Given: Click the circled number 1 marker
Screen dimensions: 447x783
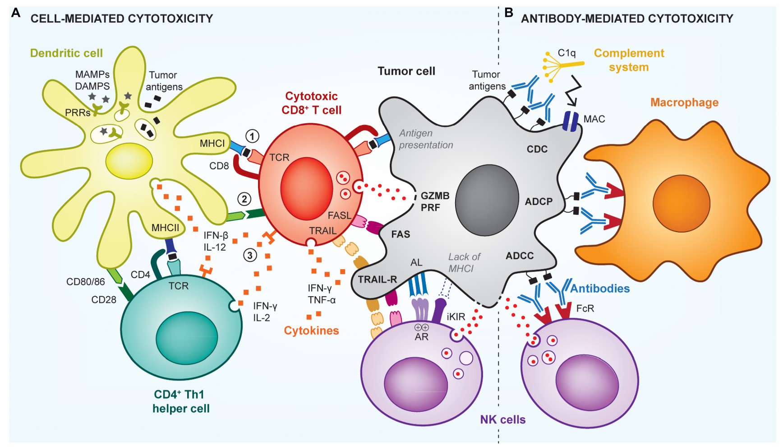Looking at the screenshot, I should click(253, 136).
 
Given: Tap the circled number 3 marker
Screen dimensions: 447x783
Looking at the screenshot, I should click(250, 255).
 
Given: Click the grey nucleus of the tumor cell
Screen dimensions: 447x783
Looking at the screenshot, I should click(487, 200).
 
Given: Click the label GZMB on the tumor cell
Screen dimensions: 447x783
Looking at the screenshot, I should click(435, 196).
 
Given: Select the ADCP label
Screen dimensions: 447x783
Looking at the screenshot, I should click(539, 202).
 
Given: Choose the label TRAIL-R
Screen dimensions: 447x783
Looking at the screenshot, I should click(377, 279).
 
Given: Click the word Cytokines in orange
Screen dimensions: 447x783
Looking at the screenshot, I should click(311, 331).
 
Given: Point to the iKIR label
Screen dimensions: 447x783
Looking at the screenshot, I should click(456, 317).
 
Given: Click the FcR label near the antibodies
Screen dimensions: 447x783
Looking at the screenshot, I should click(585, 308).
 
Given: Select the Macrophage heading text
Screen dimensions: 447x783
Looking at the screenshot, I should click(684, 102).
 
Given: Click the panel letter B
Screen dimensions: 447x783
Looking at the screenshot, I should click(509, 13).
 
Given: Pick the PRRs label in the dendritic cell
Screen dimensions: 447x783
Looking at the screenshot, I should click(78, 113).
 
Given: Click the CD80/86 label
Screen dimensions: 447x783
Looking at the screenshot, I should click(85, 282).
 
